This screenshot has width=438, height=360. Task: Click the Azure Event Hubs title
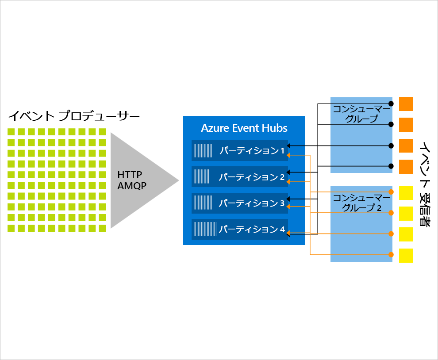click(x=244, y=128)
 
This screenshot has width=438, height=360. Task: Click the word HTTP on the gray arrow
click(x=130, y=174)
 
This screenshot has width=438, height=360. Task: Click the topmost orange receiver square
click(x=406, y=104)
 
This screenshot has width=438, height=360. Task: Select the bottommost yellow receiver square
click(x=406, y=256)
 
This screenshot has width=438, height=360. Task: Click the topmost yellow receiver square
click(x=406, y=192)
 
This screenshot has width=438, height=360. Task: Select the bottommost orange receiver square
click(x=406, y=167)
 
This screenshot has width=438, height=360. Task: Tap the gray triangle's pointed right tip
click(x=178, y=180)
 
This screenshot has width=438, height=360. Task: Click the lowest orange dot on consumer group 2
click(x=391, y=254)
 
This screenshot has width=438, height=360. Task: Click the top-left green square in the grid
click(x=11, y=132)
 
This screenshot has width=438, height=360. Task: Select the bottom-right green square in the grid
click(x=102, y=228)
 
